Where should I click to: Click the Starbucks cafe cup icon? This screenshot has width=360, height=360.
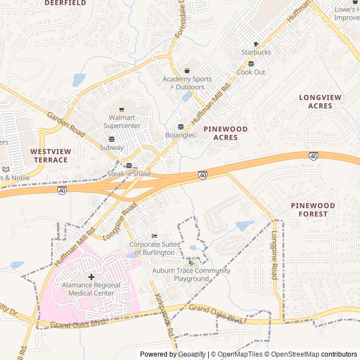[256, 44]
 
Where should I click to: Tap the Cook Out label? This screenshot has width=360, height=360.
[251, 72]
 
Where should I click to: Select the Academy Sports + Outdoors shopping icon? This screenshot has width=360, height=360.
[187, 71]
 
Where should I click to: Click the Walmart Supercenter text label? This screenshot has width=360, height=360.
[122, 121]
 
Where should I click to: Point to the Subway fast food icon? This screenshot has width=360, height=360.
[111, 139]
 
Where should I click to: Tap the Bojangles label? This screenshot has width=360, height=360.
[180, 135]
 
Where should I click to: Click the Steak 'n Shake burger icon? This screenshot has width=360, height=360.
[129, 165]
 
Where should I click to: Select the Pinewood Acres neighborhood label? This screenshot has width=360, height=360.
[225, 133]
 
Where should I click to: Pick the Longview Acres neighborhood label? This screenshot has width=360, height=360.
[320, 102]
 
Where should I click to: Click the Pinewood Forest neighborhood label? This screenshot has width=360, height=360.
[313, 210]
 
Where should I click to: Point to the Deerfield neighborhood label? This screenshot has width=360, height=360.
[65, 3]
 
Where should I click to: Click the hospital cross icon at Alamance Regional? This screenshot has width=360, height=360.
[92, 277]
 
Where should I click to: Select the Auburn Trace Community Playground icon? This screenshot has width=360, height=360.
[191, 262]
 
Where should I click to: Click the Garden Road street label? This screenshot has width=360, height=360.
[66, 124]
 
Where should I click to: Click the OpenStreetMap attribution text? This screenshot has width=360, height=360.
[291, 354]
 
